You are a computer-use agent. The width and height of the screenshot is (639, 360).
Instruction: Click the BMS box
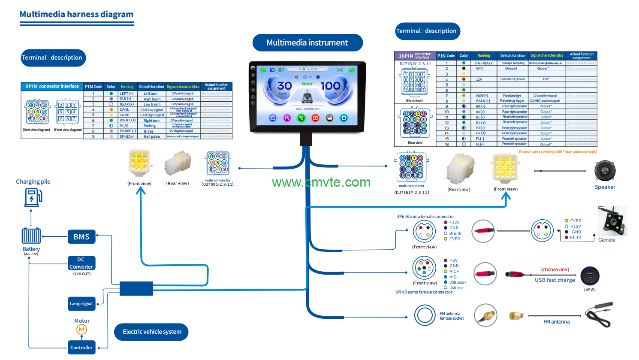pos(81,236)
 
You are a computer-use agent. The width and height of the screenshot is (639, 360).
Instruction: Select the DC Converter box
pos(81,263)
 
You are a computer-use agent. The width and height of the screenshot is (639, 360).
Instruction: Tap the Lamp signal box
pos(81,303)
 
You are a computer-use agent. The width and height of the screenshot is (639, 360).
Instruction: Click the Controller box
pos(81,348)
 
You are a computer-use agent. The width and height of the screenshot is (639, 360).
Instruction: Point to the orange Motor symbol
pos(81,329)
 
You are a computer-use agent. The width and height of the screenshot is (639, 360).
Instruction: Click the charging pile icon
pos(33,198)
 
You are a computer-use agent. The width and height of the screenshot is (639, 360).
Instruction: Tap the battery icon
pos(31,236)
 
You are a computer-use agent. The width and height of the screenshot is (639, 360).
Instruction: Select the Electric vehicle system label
pos(152,332)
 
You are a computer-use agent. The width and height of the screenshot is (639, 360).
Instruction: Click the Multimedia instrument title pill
pos(307,42)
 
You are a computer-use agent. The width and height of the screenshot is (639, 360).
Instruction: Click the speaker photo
pos(605,171)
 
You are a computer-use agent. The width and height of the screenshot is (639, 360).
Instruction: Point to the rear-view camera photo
pos(612,221)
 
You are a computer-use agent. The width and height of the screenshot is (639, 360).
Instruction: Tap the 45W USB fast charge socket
pos(590,276)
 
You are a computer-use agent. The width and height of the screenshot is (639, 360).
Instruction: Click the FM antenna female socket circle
pos(425,315)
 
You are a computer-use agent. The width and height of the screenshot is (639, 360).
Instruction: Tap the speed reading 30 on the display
pos(284,86)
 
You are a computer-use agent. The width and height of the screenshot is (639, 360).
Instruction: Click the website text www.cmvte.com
pos(321,182)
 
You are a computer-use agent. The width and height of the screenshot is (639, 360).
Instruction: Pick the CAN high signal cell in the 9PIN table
pos(152,115)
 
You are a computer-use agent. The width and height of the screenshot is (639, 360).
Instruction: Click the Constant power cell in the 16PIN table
pos(512,79)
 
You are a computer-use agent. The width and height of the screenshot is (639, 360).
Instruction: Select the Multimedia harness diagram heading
pos(76,14)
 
